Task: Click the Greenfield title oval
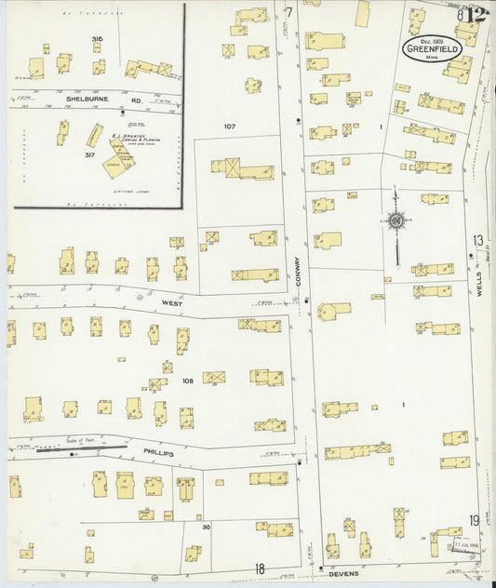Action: point(433,47)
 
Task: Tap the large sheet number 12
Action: point(476,14)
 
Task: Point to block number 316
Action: point(97,39)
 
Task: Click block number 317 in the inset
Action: point(89,155)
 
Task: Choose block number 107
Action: point(231,126)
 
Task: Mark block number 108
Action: point(187,381)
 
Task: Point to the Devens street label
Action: point(343,574)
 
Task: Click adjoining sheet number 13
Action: point(477,241)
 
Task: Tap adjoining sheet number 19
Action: point(475,520)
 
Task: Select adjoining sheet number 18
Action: point(260,568)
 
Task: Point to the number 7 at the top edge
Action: point(289,12)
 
